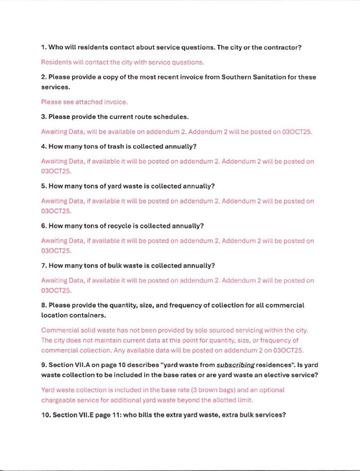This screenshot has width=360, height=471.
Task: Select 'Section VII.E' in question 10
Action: click(x=75, y=414)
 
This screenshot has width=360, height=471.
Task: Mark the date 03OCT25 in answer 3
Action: click(x=297, y=132)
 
